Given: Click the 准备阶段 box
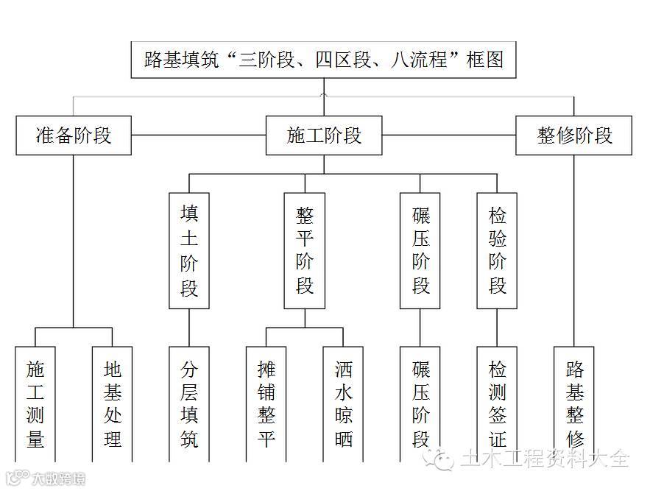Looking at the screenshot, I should click(x=74, y=135).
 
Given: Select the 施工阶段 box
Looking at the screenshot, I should click(x=324, y=135).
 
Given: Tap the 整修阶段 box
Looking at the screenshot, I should click(x=574, y=135).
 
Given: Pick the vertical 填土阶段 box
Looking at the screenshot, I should click(x=189, y=250).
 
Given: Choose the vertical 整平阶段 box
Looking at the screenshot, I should click(x=305, y=250).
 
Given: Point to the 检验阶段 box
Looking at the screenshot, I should click(x=497, y=250).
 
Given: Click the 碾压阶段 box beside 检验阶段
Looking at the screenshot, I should click(x=420, y=250).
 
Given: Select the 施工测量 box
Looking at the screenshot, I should click(x=35, y=403).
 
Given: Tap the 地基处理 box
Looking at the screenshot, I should click(x=113, y=403).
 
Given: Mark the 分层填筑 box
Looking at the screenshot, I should click(x=189, y=403).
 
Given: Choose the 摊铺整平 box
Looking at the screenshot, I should click(x=266, y=403).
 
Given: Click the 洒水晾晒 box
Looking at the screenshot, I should click(x=343, y=403).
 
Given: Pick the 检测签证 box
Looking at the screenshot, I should click(x=497, y=403).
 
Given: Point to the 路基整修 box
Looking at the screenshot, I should click(x=574, y=403).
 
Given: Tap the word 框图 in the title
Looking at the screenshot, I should click(x=485, y=60).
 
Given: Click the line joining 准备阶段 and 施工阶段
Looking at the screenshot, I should click(x=198, y=135).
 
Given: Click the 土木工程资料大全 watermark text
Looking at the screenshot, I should click(x=545, y=459).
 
